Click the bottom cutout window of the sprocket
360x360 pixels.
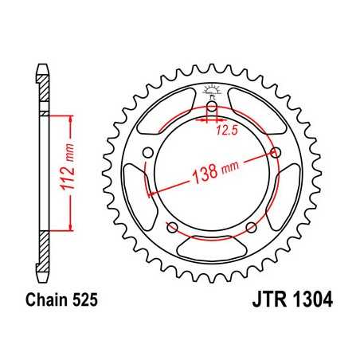(213, 246)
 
